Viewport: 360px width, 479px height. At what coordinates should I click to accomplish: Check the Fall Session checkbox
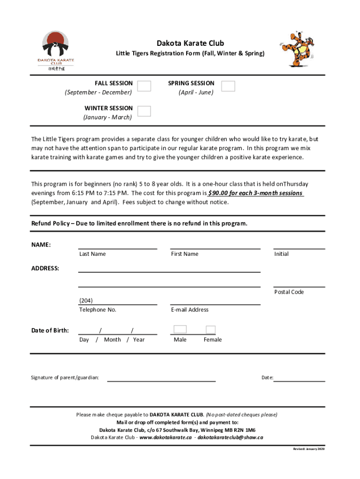[144, 86]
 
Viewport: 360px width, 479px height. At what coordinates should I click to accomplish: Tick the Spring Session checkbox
[228, 86]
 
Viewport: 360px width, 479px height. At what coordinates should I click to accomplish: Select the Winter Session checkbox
[144, 111]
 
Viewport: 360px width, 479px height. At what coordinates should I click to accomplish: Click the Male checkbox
[180, 330]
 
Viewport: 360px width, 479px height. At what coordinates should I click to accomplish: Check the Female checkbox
[211, 330]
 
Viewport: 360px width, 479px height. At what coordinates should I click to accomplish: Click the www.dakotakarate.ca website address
[166, 438]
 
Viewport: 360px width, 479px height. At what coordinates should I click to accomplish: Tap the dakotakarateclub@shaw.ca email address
[230, 438]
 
